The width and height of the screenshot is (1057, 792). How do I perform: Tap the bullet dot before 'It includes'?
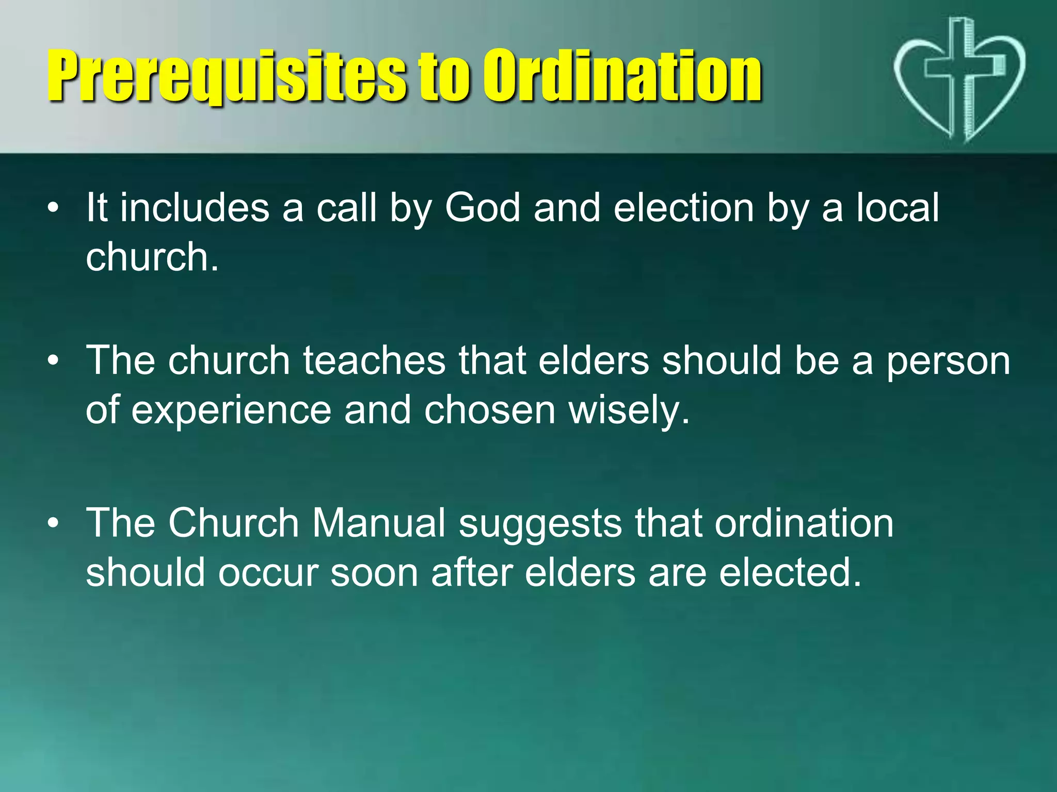[x=53, y=209]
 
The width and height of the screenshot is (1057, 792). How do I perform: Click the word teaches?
[x=374, y=360]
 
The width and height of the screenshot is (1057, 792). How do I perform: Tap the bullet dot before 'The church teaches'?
[x=53, y=361]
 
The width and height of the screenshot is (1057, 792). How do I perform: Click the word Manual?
[x=379, y=523]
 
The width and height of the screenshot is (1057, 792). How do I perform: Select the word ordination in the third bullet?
[x=804, y=523]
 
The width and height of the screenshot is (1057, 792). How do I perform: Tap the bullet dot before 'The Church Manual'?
[x=53, y=524]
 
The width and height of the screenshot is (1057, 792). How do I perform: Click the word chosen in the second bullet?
[x=490, y=410]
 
